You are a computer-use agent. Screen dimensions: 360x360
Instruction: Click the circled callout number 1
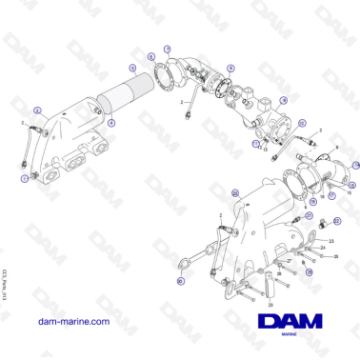[24, 178]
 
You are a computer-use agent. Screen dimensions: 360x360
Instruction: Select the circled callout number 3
[36, 110]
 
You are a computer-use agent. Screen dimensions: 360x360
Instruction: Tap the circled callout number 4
[110, 123]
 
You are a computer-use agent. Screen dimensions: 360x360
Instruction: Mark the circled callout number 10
[302, 124]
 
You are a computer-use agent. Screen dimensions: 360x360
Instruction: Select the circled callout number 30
[180, 281]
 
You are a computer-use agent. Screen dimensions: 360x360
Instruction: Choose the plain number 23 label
[333, 241]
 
